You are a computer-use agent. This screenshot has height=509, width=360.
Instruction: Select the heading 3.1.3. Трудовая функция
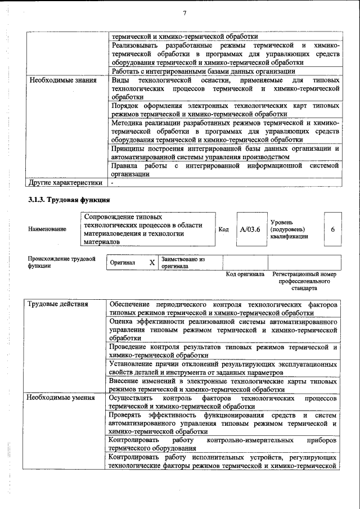tap(69, 200)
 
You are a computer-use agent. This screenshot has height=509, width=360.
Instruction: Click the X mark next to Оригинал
tap(151, 263)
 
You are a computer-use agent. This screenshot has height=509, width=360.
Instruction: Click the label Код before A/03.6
tap(223, 229)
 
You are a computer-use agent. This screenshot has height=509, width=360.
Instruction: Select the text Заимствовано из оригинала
tap(183, 263)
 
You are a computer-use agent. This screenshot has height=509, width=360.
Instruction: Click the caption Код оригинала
tap(245, 274)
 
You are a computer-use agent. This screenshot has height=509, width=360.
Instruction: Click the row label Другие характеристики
tap(65, 182)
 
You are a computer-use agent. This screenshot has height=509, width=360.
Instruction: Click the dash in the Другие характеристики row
tap(112, 182)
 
